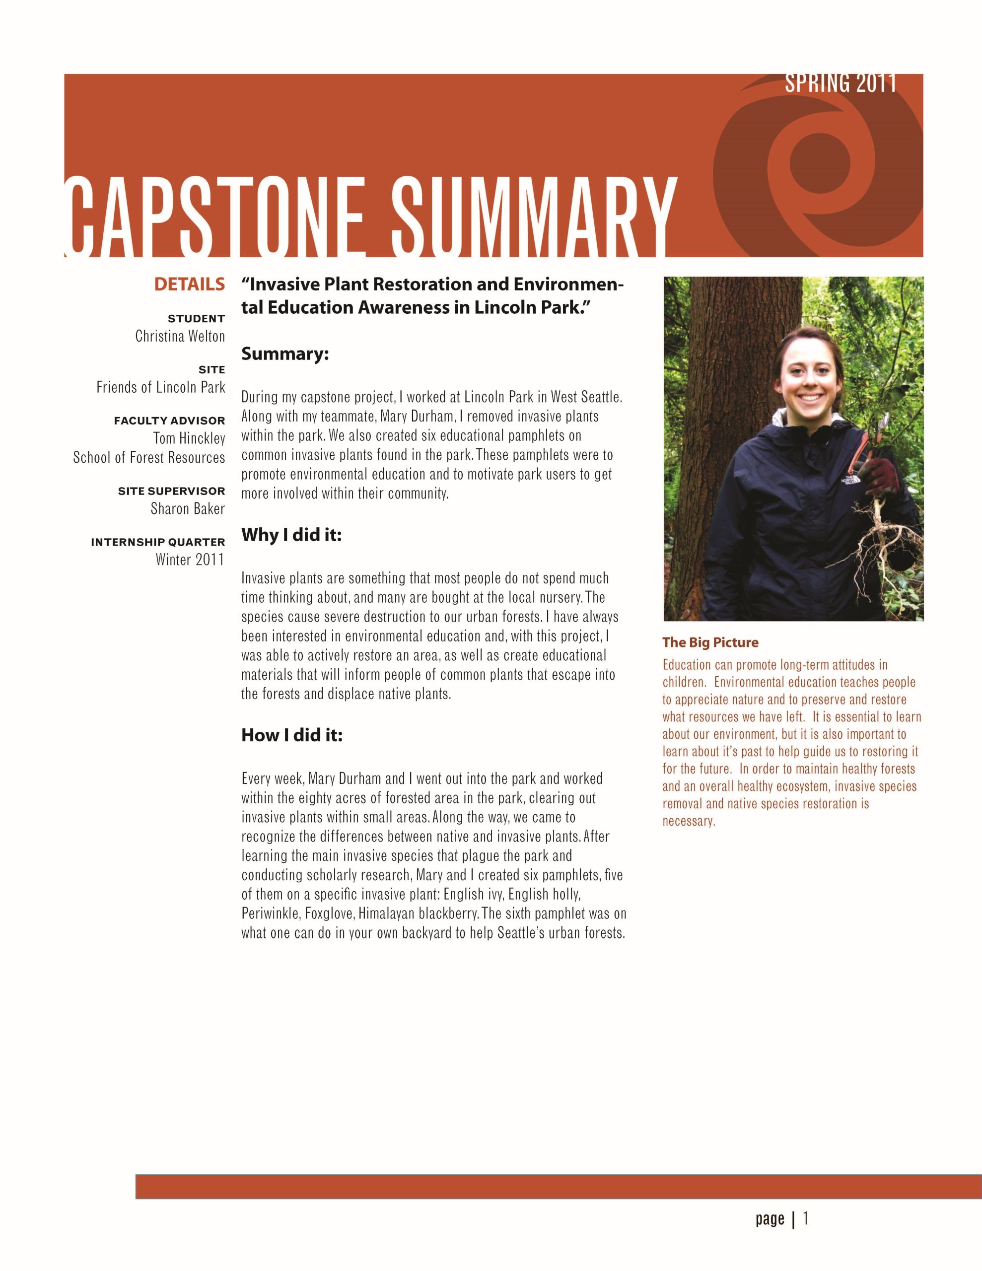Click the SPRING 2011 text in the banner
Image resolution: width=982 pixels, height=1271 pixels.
pos(840,83)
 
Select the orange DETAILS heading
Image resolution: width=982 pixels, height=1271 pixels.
pos(189,284)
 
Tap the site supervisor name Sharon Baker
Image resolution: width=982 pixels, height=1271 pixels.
pos(188,508)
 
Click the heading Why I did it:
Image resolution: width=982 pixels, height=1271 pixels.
pos(291,535)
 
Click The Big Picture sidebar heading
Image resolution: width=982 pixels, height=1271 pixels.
pos(710,642)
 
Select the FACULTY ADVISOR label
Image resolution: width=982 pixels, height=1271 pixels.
pos(169,420)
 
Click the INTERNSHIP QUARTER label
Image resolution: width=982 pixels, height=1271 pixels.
pos(158,542)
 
